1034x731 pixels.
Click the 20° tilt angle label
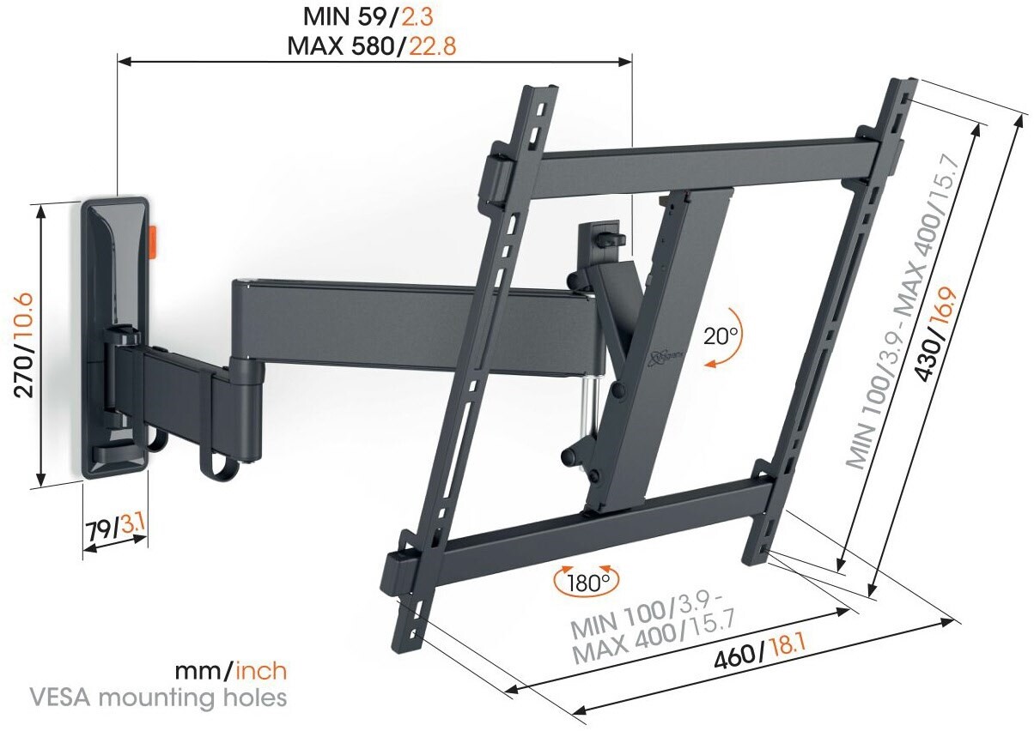(x=721, y=336)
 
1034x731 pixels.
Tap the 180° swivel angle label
(x=587, y=583)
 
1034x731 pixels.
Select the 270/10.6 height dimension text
(x=24, y=345)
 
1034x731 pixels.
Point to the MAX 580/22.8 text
(x=372, y=46)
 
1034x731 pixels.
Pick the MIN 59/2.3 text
(x=368, y=17)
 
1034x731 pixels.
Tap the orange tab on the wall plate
(x=153, y=242)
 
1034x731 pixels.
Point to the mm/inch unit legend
(x=230, y=671)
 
